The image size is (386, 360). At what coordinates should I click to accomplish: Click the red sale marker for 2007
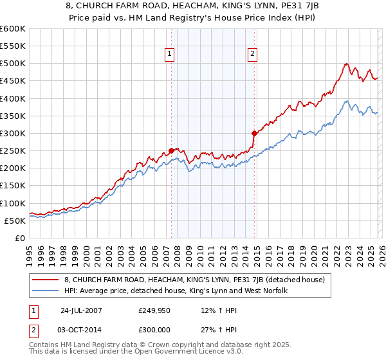point(171,150)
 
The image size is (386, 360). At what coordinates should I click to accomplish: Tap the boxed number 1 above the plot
point(170,55)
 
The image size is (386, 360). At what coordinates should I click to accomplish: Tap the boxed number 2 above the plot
point(253,55)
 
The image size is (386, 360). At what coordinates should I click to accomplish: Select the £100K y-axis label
point(13,203)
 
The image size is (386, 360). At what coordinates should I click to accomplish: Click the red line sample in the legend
point(46,280)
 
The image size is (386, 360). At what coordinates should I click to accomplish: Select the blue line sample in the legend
point(46,291)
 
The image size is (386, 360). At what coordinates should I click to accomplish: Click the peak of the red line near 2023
point(347,64)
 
